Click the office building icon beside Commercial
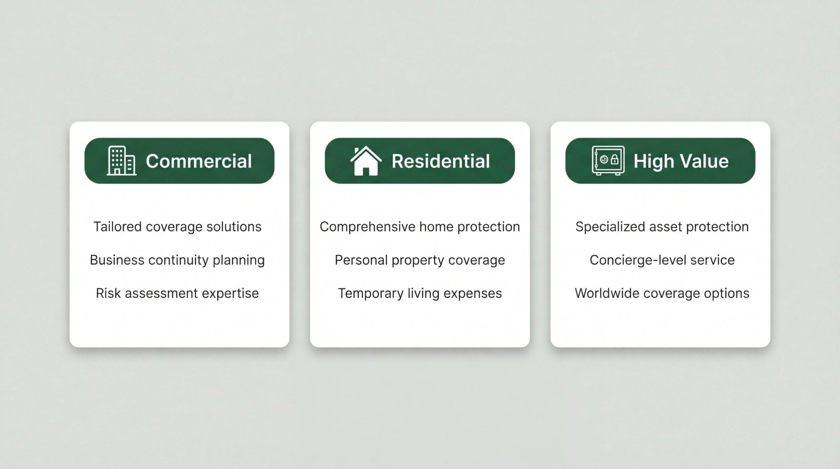click(x=121, y=160)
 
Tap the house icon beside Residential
click(x=366, y=161)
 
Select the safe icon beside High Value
click(x=608, y=160)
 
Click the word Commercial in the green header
click(x=199, y=161)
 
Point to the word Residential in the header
click(x=441, y=161)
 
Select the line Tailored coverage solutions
click(x=178, y=227)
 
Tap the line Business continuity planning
click(x=177, y=260)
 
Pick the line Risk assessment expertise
click(x=177, y=293)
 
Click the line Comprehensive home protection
click(x=420, y=227)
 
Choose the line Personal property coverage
click(x=420, y=260)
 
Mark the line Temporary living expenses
click(x=420, y=293)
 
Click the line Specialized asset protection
click(x=662, y=227)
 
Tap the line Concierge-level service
click(x=662, y=260)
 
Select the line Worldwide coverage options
click(x=662, y=293)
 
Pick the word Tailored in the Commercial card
click(x=117, y=227)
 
